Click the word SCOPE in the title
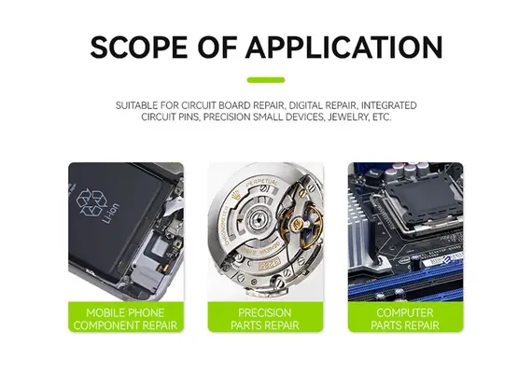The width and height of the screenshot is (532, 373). coord(139,47)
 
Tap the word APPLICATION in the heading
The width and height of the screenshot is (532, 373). coord(344,47)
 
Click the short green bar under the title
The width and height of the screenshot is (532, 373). coord(266,80)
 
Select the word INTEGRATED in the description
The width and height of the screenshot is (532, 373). coord(389,105)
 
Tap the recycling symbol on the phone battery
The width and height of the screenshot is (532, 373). coord(91,202)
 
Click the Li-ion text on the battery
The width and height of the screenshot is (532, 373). coord(111,213)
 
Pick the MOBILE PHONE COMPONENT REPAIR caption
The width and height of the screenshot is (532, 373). coord(126,319)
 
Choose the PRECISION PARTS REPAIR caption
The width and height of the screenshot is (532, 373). coord(265,319)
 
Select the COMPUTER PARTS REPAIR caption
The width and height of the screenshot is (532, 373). coord(405,319)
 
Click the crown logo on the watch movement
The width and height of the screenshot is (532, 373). coord(234,196)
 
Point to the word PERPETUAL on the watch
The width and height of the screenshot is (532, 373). coord(261,183)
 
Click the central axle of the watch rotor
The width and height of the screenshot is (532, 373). coord(259,220)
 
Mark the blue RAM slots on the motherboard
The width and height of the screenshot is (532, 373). coord(404,283)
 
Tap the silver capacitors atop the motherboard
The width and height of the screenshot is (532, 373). coord(407,171)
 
